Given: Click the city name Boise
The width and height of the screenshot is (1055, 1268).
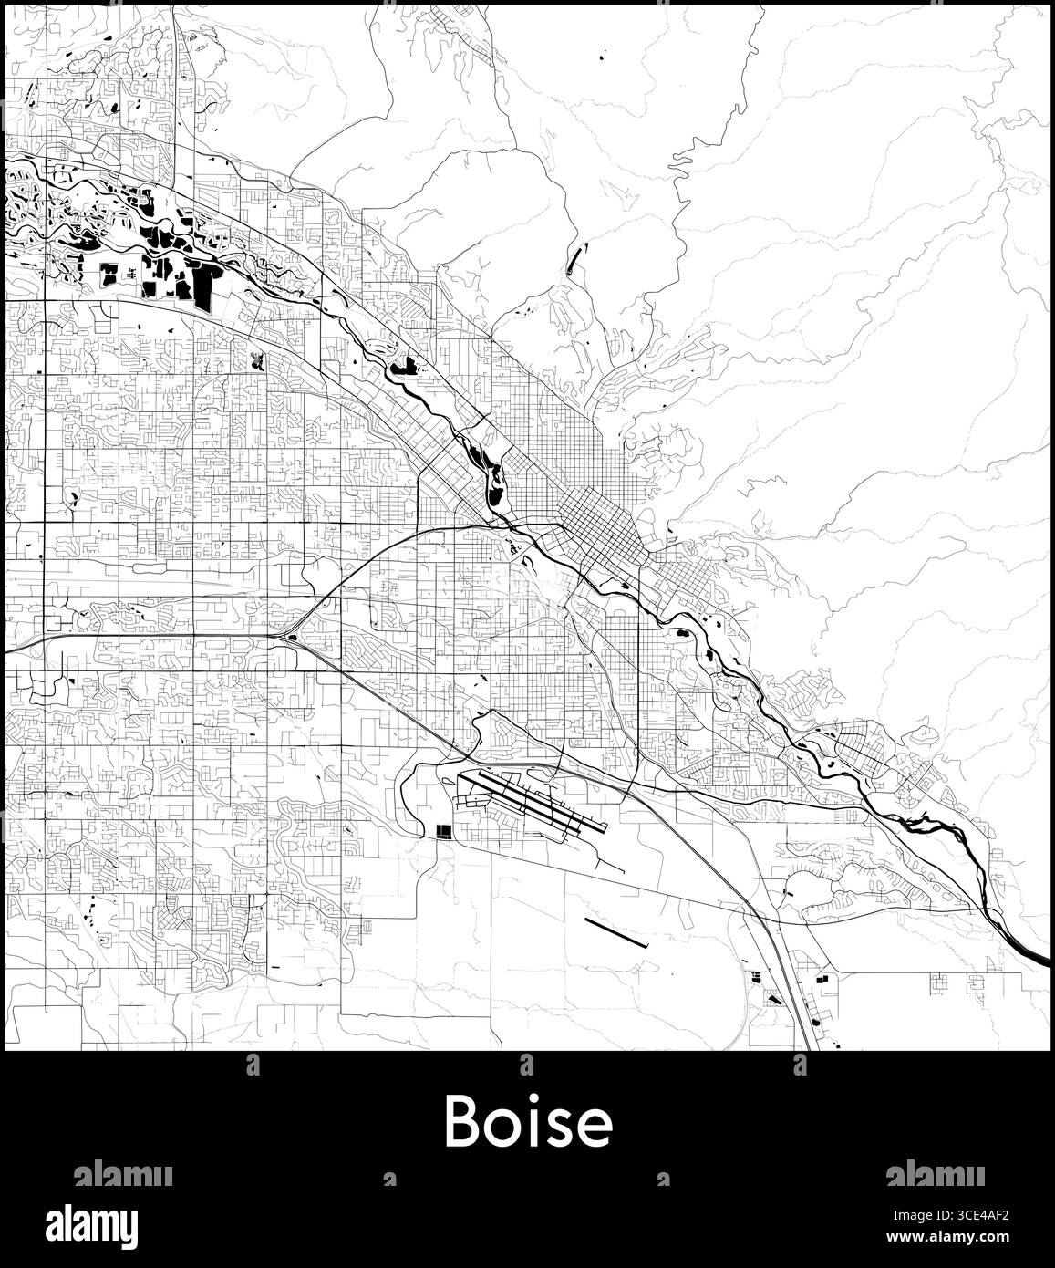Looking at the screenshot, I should [x=528, y=1123].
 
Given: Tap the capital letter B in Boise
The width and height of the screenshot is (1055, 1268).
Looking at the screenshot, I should [x=462, y=1123].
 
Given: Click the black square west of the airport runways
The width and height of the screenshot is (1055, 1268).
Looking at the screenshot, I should [x=445, y=831].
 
